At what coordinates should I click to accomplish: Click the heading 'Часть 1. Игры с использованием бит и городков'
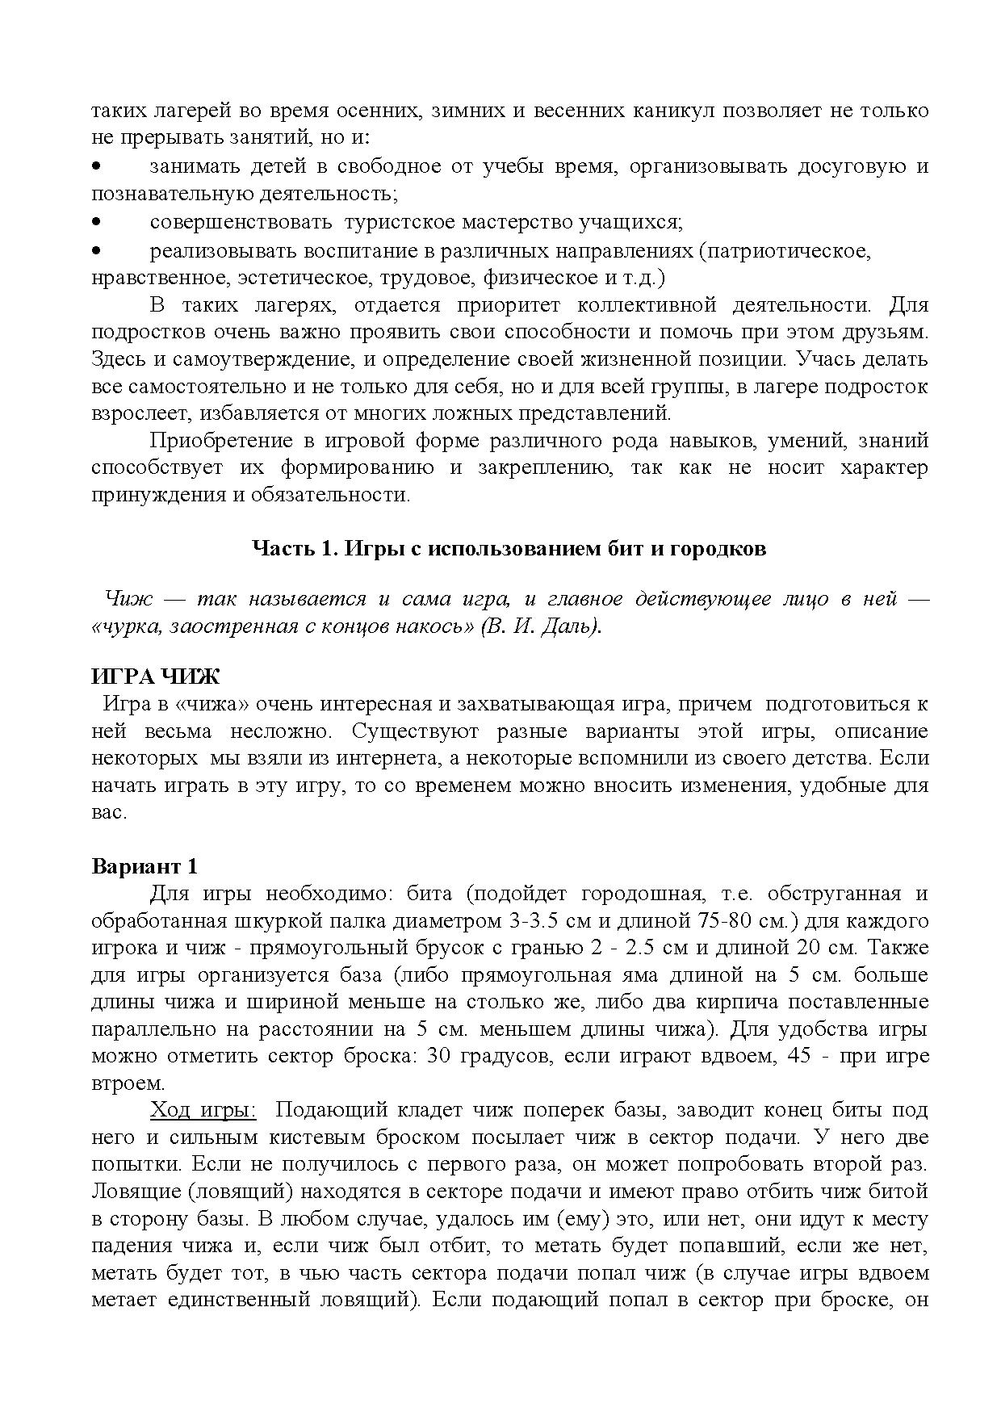tap(509, 549)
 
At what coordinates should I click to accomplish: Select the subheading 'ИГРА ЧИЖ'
tap(155, 676)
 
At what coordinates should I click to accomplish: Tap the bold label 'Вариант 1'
tap(144, 866)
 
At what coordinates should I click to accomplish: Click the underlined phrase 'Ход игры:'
tap(203, 1110)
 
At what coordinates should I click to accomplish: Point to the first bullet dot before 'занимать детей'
tap(96, 167)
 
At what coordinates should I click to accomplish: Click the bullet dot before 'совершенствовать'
tap(96, 221)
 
